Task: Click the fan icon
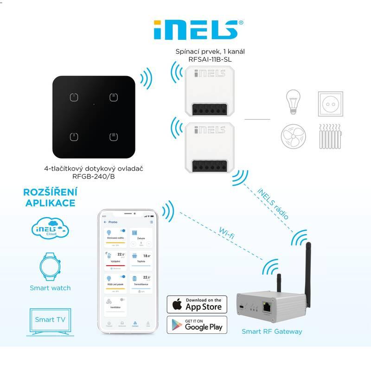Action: [294, 136]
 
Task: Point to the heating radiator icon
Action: [331, 136]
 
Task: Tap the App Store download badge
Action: [197, 304]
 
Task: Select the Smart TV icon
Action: [50, 320]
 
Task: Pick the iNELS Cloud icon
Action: [50, 228]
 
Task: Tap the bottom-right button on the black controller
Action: [113, 137]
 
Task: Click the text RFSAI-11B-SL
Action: [210, 60]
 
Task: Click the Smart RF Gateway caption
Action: [272, 331]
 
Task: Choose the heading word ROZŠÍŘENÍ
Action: [50, 192]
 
